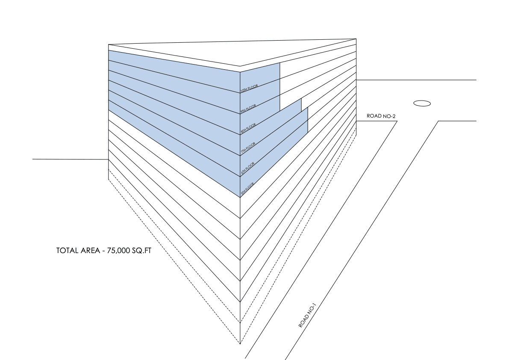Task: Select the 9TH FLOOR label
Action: (248, 108)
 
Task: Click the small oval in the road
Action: (422, 103)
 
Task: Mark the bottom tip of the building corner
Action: (240, 343)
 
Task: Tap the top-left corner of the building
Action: (109, 44)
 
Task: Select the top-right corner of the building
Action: (356, 38)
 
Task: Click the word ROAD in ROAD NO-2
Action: (374, 116)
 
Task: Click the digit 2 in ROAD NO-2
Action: (392, 116)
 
